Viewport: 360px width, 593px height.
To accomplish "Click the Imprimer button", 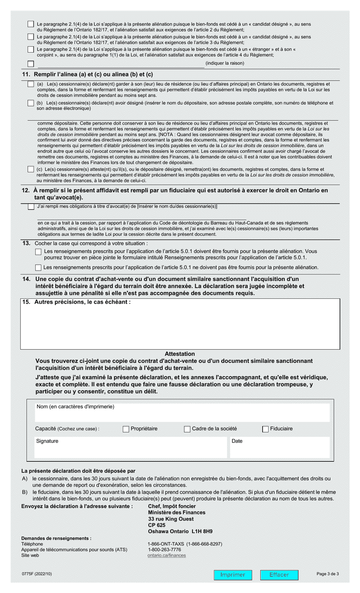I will [232, 575].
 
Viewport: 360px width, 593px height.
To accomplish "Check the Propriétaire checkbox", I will [126, 429].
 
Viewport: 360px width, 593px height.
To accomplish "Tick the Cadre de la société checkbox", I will [187, 429].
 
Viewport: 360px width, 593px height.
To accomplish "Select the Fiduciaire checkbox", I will [265, 429].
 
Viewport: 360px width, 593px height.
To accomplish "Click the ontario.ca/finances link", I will [166, 555].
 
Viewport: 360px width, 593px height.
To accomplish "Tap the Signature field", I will [130, 447].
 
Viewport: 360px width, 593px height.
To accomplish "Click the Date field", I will [279, 447].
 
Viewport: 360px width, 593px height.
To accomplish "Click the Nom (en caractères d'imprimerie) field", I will [182, 412].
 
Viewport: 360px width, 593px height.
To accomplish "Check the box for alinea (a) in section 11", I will [31, 84].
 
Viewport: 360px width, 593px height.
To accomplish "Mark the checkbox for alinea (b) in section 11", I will [31, 103].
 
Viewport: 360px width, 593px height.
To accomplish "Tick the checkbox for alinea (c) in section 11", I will [31, 169].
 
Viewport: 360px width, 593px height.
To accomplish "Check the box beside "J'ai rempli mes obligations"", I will [31, 207].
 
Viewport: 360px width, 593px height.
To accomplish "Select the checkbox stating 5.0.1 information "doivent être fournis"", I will [38, 252].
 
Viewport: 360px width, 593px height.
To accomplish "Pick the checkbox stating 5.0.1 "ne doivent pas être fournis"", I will [38, 268].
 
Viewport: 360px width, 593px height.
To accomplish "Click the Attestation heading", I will [180, 354].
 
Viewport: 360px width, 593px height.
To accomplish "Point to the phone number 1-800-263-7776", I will [164, 549].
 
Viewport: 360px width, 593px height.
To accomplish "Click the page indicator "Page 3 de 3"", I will [327, 574].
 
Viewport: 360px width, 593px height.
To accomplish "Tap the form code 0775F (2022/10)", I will [37, 574].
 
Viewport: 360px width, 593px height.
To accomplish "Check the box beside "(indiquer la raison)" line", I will [31, 64].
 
